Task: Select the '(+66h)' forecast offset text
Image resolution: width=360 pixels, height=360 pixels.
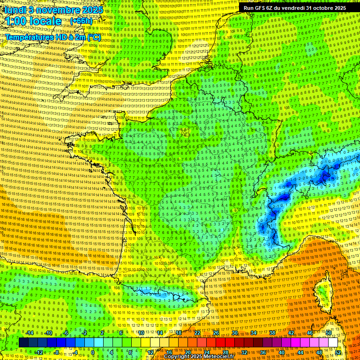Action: [x=81, y=21]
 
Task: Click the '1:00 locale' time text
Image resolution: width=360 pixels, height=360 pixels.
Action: [x=33, y=21]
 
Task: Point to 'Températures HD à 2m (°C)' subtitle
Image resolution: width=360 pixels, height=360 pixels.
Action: [x=53, y=37]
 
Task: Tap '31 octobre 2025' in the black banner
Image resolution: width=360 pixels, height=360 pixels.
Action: [x=326, y=8]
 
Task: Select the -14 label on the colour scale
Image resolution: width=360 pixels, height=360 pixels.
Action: [x=29, y=333]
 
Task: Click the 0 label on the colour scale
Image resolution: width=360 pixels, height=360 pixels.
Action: [x=93, y=352]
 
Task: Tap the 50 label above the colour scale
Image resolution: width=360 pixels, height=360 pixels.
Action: [x=329, y=333]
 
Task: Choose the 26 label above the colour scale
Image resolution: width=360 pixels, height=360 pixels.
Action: [x=216, y=333]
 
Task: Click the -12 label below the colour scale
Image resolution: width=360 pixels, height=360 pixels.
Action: [x=38, y=352]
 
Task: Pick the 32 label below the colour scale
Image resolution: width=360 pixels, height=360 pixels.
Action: [x=244, y=352]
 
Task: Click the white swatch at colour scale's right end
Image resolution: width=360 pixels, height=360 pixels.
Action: [x=333, y=343]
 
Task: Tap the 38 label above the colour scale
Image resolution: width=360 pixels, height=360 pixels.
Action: [x=272, y=333]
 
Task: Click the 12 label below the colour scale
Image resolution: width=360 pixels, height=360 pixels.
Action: [x=150, y=352]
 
